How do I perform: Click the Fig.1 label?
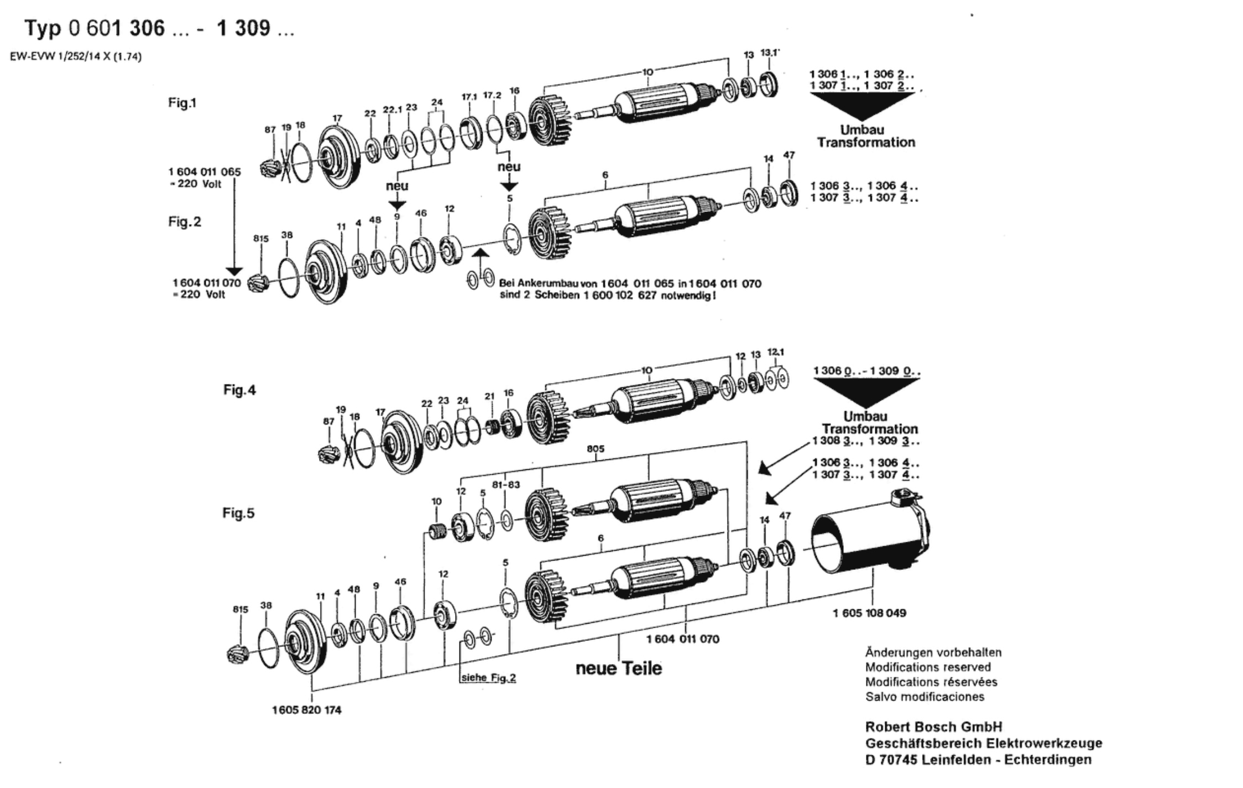[x=182, y=103]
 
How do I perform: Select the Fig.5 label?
[x=238, y=513]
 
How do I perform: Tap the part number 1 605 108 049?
[x=869, y=613]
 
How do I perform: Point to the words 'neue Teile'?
[x=619, y=668]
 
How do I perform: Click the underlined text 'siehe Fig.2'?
[x=488, y=678]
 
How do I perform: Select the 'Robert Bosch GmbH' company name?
[x=933, y=727]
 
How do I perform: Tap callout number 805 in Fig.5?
[x=596, y=449]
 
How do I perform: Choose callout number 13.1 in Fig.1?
[x=769, y=53]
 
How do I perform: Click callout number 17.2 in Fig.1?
[x=492, y=95]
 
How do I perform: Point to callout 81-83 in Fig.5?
[x=506, y=485]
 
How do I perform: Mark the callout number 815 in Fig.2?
[x=261, y=239]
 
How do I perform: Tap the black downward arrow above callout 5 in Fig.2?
[x=509, y=186]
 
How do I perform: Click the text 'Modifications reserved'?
[x=928, y=667]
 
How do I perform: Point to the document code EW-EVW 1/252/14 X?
[x=75, y=56]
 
